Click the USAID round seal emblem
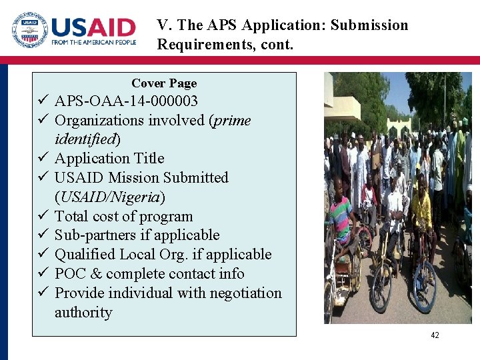[29, 31]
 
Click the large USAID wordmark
[93, 28]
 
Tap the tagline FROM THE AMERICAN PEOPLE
[93, 43]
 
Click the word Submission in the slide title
[369, 25]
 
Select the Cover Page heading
[164, 83]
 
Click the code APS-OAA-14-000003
[126, 101]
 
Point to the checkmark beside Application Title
[42, 159]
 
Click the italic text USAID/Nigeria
[110, 197]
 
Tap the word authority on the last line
[83, 313]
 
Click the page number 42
[435, 335]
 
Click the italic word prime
[230, 121]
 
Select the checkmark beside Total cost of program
[42, 217]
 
